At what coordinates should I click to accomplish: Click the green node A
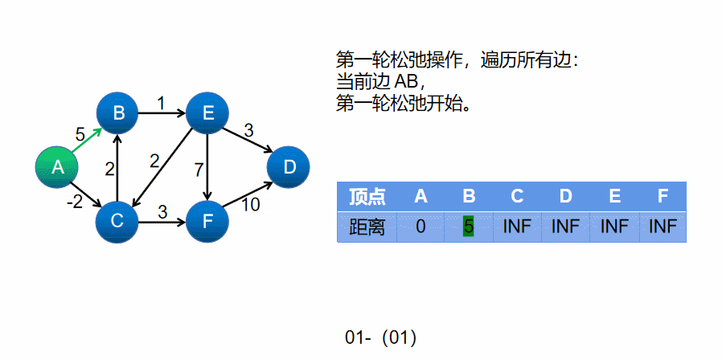coord(57,167)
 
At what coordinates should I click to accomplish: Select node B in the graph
coord(118,113)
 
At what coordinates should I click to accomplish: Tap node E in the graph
coord(207,113)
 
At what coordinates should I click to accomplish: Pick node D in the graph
coord(289,167)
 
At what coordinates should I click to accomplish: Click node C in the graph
coord(117,220)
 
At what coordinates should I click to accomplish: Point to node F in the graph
coord(207,220)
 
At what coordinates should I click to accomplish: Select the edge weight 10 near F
coord(250,205)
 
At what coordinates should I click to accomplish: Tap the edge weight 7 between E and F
coord(199,170)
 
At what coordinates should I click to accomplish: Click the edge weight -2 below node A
coord(75,202)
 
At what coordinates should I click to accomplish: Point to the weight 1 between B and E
coord(161,103)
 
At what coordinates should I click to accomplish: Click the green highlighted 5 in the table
coord(469,227)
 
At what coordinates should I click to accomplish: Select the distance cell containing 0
coord(420,227)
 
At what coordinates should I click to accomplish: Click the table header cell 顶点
coord(367,197)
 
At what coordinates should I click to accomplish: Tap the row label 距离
coord(367,227)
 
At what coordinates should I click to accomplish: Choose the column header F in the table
coord(663,197)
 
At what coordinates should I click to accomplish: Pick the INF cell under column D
coord(566,227)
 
